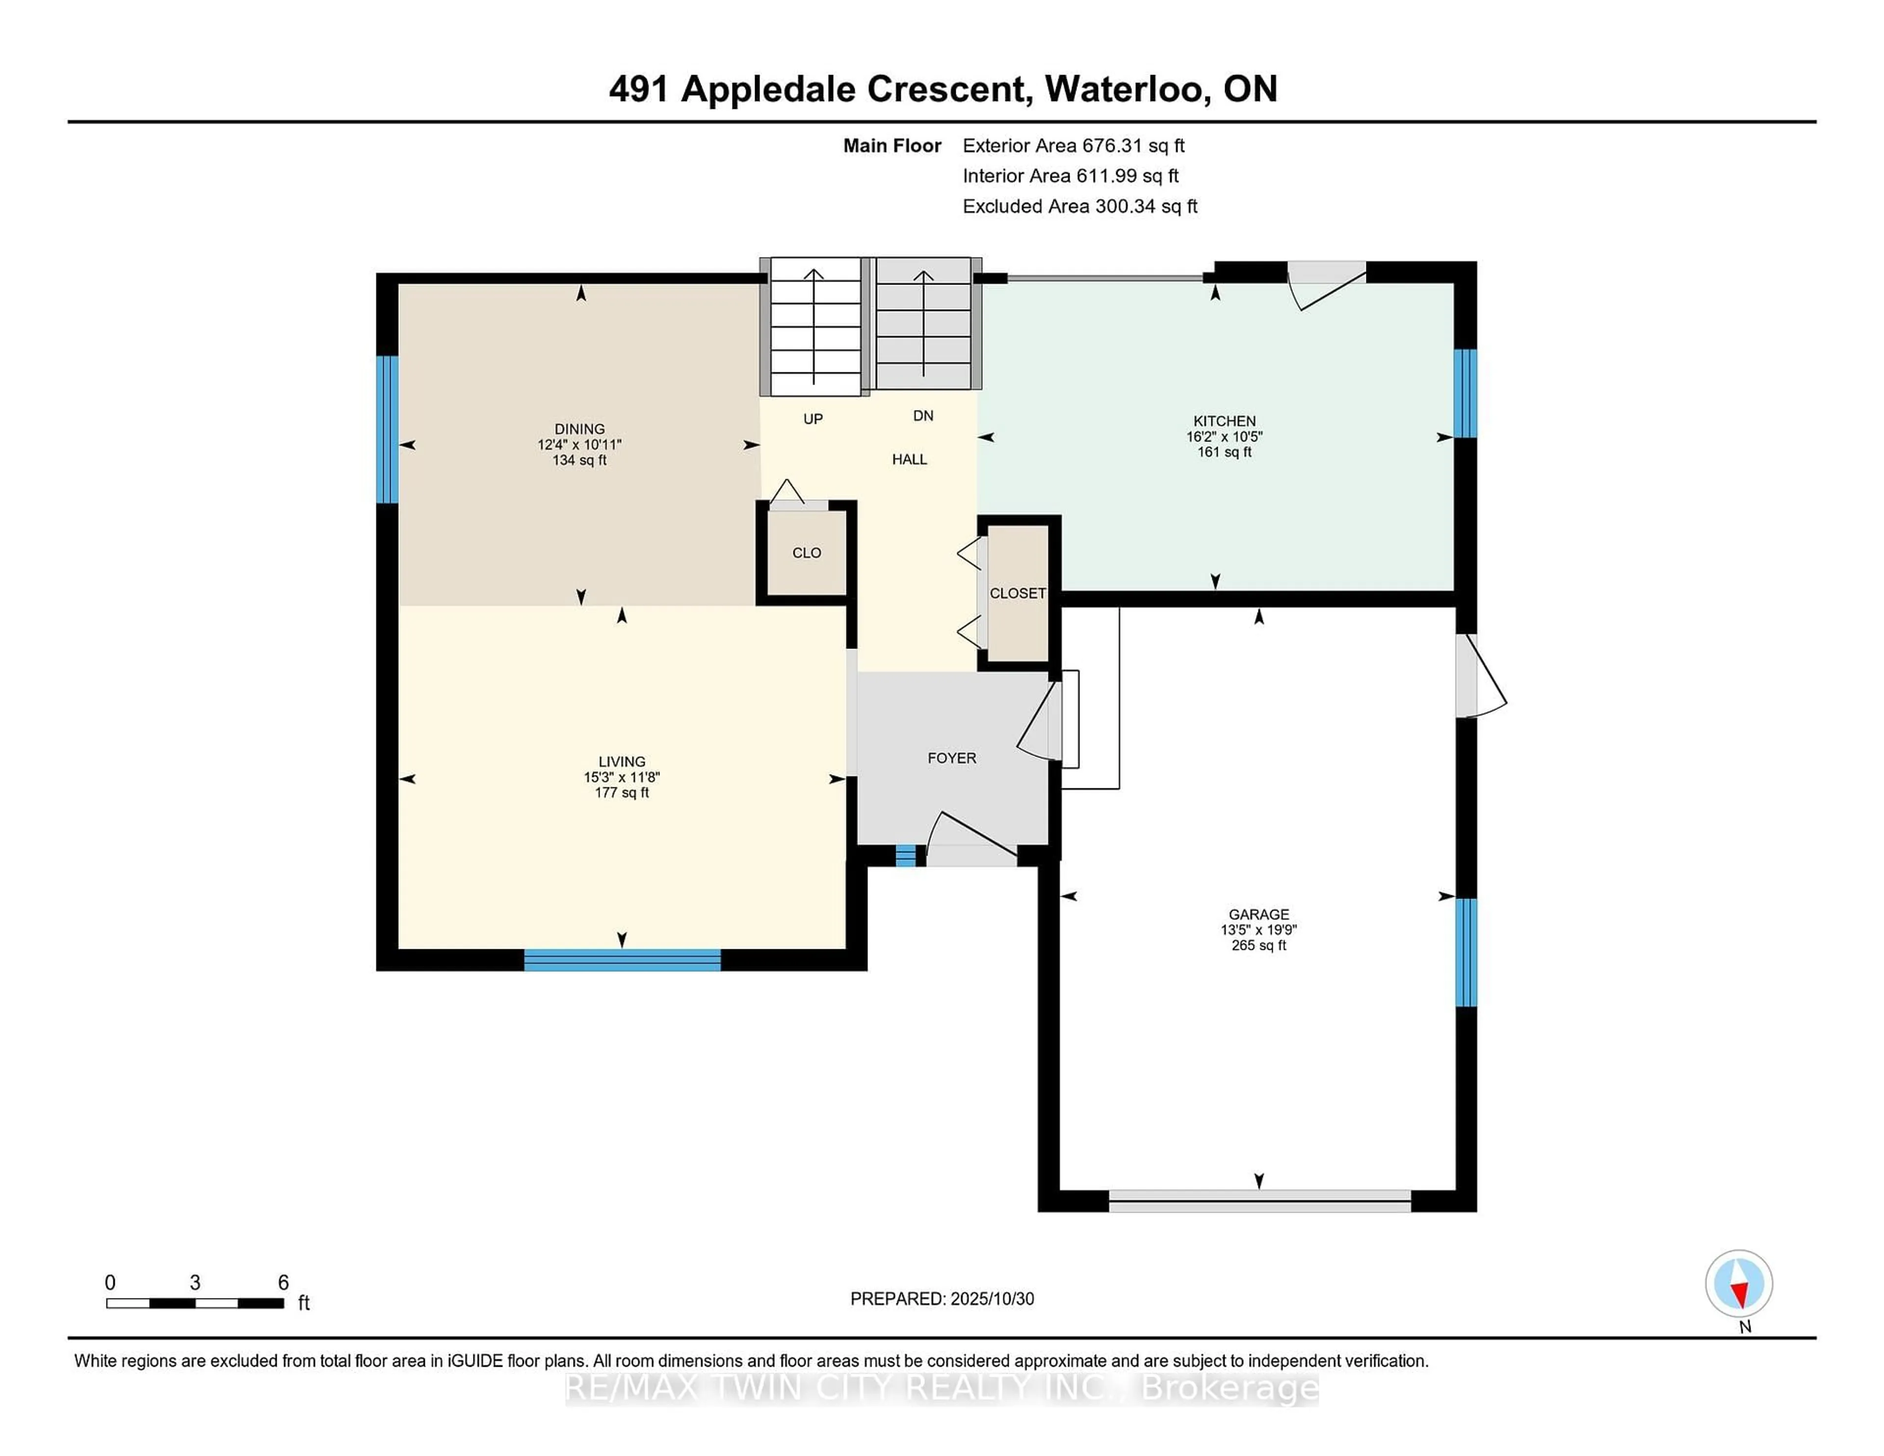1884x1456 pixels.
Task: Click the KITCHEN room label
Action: [1224, 421]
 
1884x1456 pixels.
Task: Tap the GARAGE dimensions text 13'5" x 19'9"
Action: [1258, 930]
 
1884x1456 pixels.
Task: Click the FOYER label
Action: [951, 758]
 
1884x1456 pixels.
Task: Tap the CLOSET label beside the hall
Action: [1017, 594]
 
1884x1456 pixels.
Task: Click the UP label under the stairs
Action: [812, 419]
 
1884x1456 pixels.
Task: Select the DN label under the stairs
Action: [923, 416]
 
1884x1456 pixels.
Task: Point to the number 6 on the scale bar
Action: [283, 1283]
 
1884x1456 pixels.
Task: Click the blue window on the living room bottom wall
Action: [622, 960]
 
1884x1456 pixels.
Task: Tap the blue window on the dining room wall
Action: [387, 430]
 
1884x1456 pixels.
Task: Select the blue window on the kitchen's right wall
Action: [1465, 393]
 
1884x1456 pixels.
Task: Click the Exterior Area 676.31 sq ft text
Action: [1073, 146]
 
